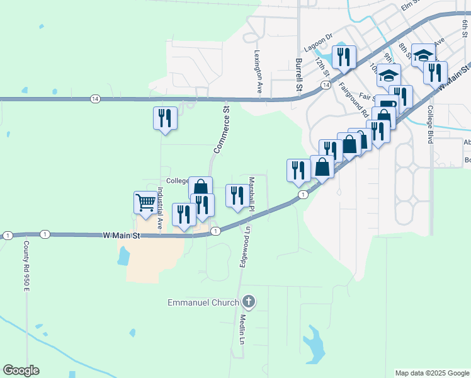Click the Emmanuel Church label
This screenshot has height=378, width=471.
pyautogui.click(x=203, y=302)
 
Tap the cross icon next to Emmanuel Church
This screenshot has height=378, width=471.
pyautogui.click(x=248, y=302)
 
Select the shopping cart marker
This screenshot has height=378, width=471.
pyautogui.click(x=145, y=203)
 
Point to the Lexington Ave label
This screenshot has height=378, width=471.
pyautogui.click(x=258, y=73)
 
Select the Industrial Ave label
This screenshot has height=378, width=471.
pyautogui.click(x=160, y=207)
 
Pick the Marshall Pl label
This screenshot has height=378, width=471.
pyautogui.click(x=251, y=193)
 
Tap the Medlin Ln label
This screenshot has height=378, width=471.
pyautogui.click(x=241, y=329)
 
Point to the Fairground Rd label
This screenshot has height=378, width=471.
pyautogui.click(x=353, y=101)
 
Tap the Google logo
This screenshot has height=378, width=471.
pyautogui.click(x=21, y=370)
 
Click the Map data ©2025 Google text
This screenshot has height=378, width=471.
pyautogui.click(x=431, y=373)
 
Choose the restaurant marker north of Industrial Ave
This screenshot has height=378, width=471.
pyautogui.click(x=165, y=118)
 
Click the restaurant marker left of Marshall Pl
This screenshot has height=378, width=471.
pyautogui.click(x=237, y=195)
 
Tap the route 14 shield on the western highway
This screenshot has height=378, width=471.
pyautogui.click(x=94, y=99)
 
